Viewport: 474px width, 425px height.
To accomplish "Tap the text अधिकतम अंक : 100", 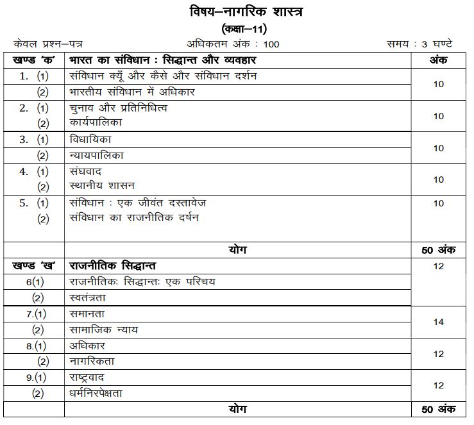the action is pyautogui.click(x=233, y=44).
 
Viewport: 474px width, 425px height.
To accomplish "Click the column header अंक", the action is pyautogui.click(x=438, y=60).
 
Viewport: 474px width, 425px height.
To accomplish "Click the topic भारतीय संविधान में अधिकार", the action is pyautogui.click(x=132, y=92).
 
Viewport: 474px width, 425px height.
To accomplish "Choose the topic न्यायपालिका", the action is pyautogui.click(x=96, y=155).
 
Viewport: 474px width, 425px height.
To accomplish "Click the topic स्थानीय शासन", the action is pyautogui.click(x=101, y=187).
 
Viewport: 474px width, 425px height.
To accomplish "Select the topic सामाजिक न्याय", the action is pyautogui.click(x=103, y=329).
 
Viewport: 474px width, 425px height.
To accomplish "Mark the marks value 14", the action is pyautogui.click(x=439, y=322).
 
